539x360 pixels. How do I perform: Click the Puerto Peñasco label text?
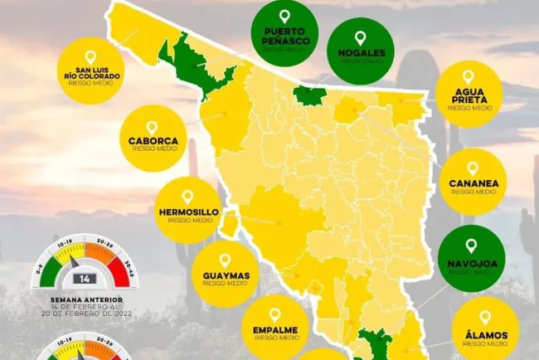pyautogui.click(x=284, y=37)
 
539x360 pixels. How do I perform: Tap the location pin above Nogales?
pyautogui.click(x=360, y=38)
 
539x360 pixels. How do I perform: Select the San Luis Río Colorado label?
pyautogui.click(x=91, y=71)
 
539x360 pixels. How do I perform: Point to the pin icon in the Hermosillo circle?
pyautogui.click(x=187, y=197)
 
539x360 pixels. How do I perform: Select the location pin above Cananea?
pyautogui.click(x=472, y=168)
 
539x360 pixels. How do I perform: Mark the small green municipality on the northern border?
pyautogui.click(x=309, y=95)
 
